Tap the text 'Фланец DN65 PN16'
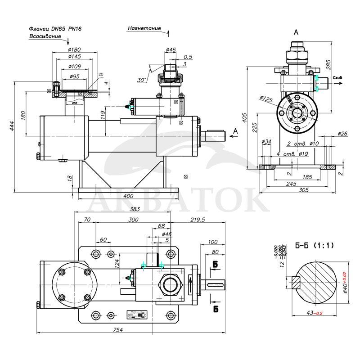tap(55, 28)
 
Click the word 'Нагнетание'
tap(144, 28)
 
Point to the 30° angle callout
tap(142, 80)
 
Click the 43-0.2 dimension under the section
tap(314, 313)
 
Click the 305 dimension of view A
tap(303, 190)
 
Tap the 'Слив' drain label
tap(337, 78)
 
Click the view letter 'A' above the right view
tap(296, 32)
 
